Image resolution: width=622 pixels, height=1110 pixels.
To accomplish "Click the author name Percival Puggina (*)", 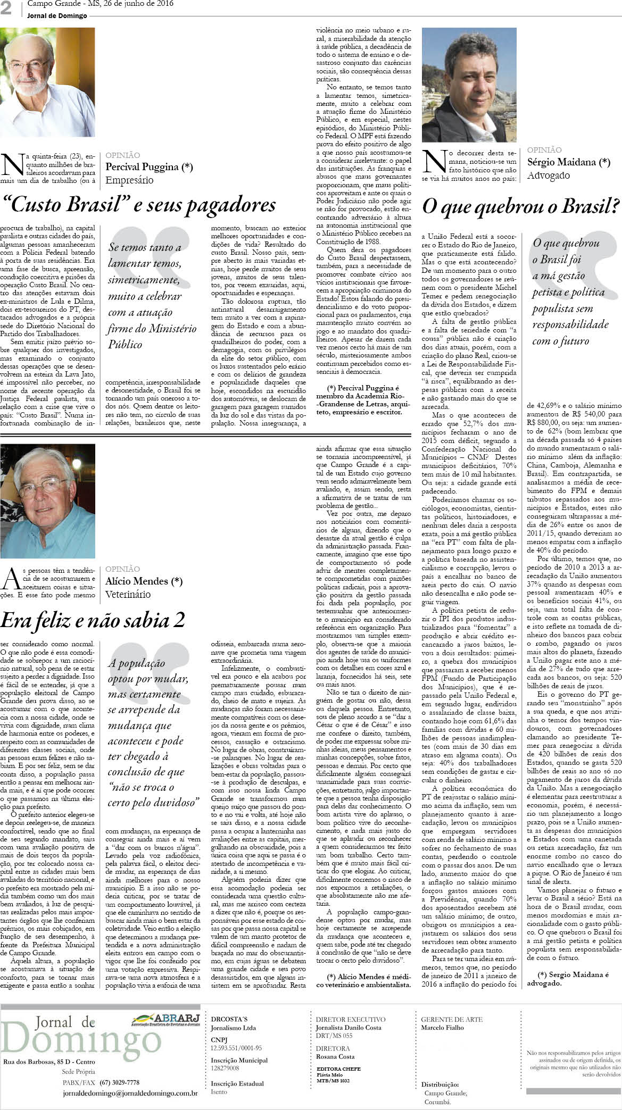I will coord(149,167).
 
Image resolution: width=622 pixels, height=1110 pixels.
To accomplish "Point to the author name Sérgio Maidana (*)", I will coord(568,162).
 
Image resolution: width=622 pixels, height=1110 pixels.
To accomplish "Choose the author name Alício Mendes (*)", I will coord(144,581).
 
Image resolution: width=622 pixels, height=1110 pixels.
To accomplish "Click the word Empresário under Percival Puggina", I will coord(129,180).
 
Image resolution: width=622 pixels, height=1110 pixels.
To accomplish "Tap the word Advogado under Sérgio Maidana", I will coord(548,176).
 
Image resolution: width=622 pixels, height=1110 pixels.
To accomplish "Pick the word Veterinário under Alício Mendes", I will coord(128,594).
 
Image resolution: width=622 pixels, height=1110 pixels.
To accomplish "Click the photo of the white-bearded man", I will coord(48,82).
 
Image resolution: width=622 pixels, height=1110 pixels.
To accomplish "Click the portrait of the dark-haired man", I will coord(469,85).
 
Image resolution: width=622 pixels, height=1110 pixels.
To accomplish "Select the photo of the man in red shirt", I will coord(48,500).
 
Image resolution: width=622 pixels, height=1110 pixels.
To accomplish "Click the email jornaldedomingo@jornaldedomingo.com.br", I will coord(130,1079).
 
